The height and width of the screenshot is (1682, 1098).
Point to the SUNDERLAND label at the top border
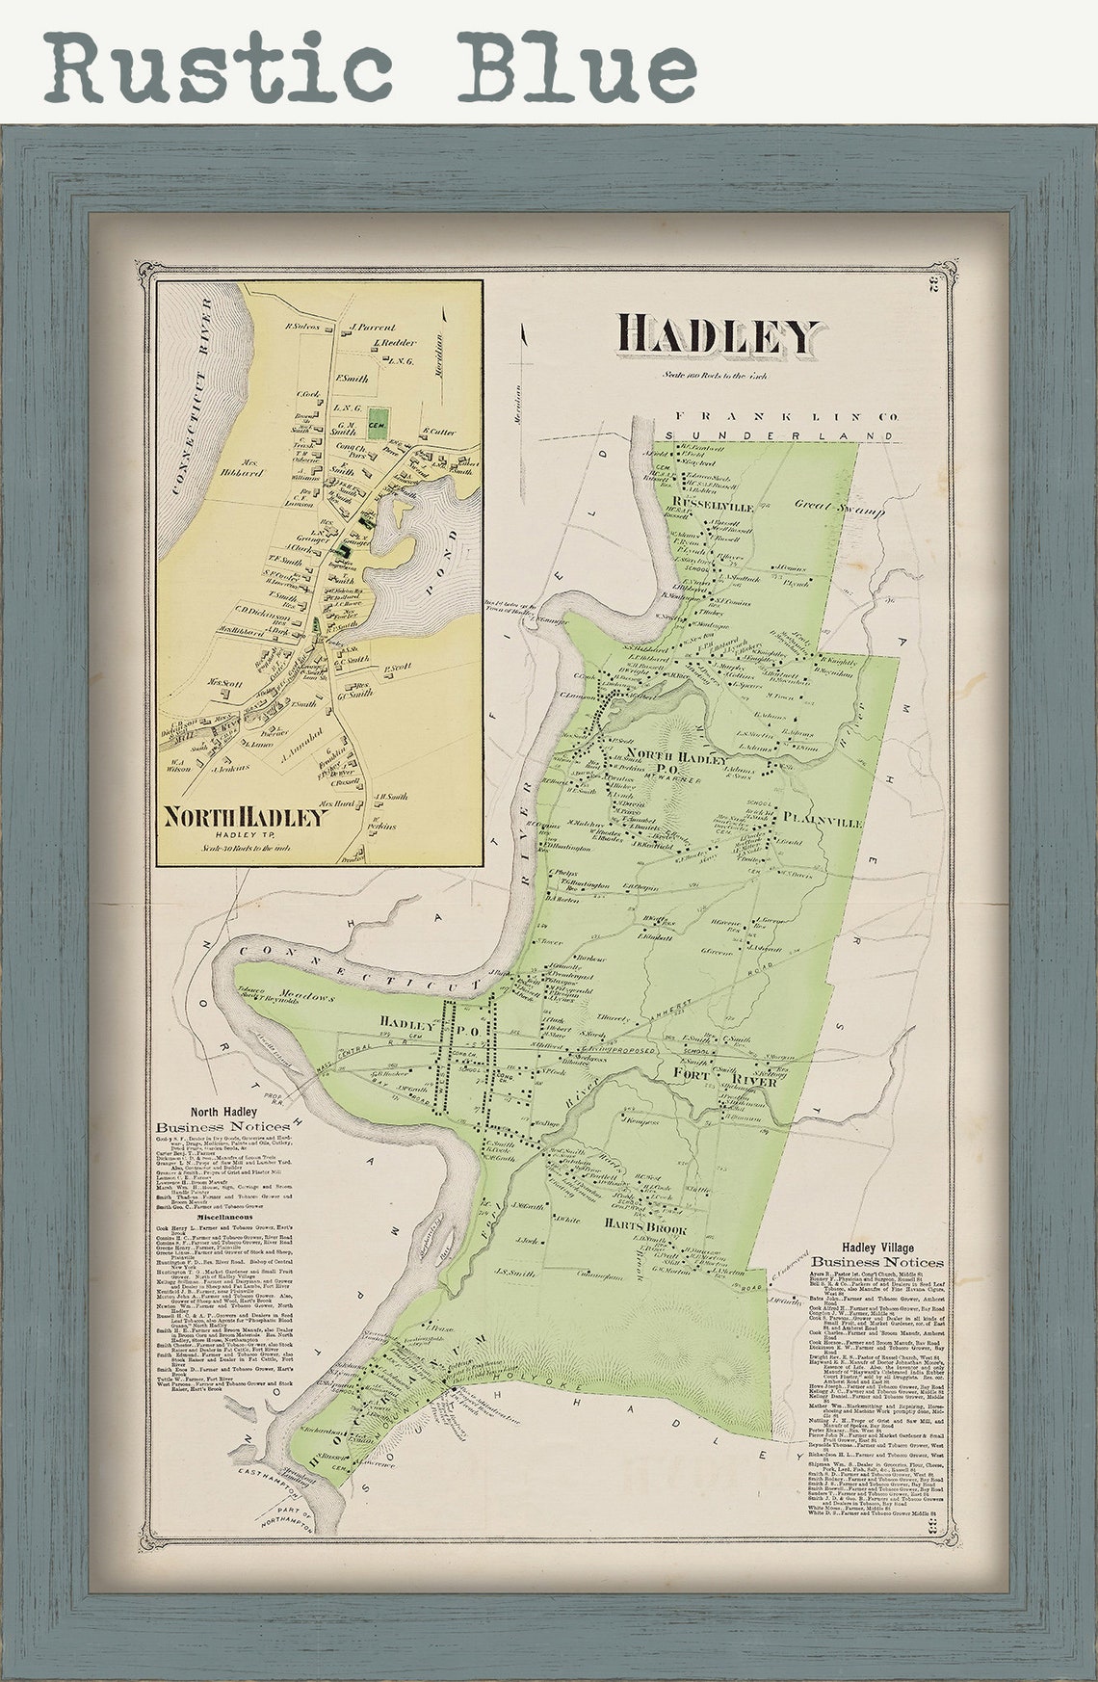tap(764, 436)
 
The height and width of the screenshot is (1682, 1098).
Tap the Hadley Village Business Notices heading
tap(876, 1254)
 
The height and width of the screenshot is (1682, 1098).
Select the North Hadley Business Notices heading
tap(224, 1118)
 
